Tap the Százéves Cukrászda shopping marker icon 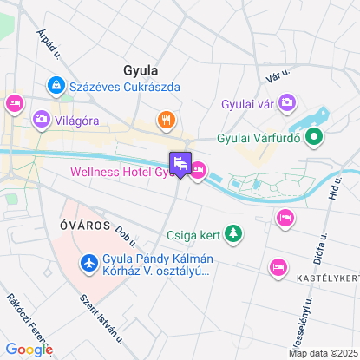56,86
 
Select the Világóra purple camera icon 40,119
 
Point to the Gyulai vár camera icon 287,104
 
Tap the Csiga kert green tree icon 232,232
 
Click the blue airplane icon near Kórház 88,261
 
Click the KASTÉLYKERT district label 328,278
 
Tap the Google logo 29,349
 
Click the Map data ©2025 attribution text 323,353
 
